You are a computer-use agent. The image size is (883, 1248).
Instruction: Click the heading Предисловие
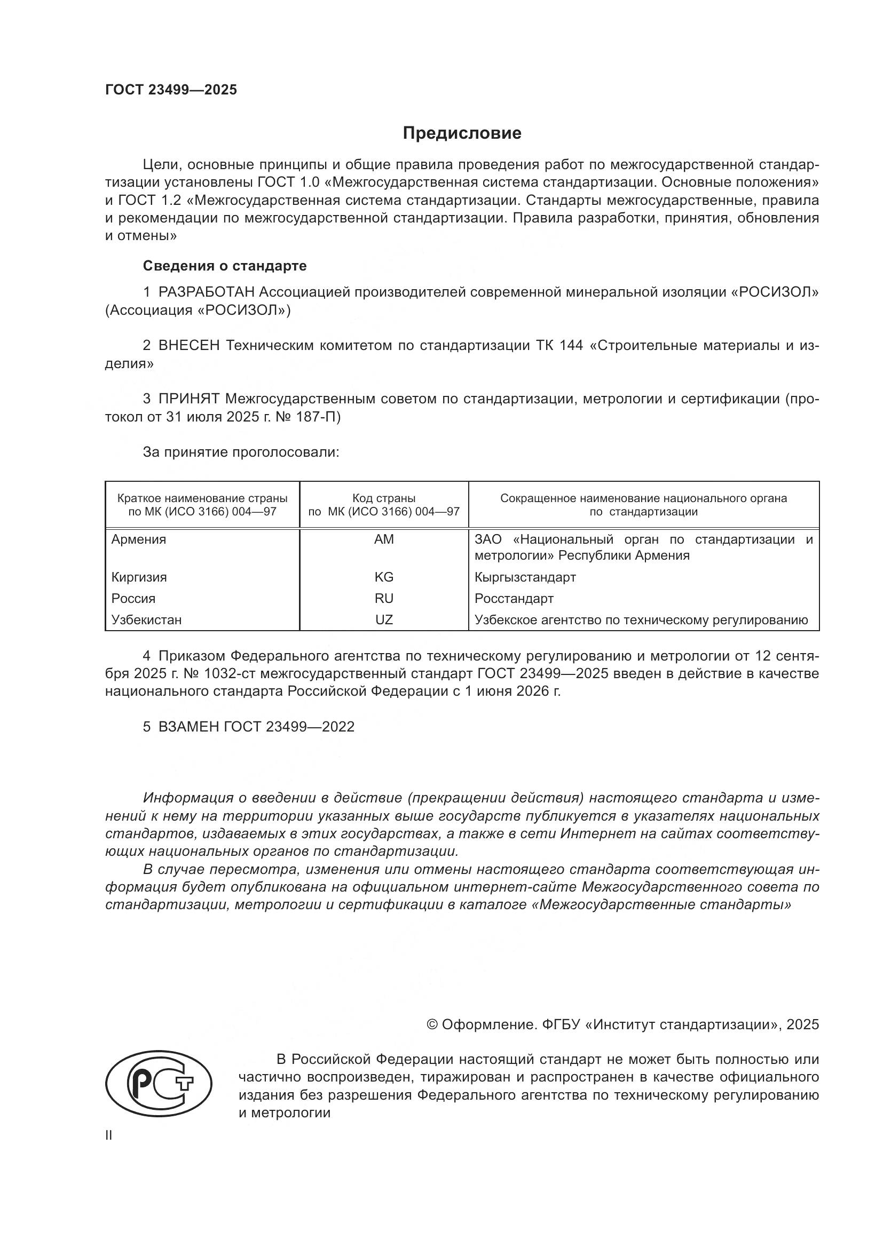coord(462,133)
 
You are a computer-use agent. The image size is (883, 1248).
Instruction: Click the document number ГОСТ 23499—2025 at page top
coord(171,90)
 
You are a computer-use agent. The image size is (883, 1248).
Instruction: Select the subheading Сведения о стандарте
coord(225,266)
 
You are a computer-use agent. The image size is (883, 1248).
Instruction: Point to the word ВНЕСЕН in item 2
coord(188,345)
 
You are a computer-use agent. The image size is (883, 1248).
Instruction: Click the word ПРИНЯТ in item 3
coord(188,399)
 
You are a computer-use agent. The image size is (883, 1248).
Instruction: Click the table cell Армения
coord(139,539)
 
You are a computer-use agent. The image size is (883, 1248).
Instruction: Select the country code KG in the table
coord(384,577)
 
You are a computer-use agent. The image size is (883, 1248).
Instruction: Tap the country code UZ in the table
coord(384,619)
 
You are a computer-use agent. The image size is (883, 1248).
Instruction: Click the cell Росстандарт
coord(514,599)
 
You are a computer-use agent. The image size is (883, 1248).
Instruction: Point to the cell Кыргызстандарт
coord(525,577)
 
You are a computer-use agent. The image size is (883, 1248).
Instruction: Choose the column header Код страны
coord(384,498)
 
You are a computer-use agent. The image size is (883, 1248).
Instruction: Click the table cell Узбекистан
coord(146,619)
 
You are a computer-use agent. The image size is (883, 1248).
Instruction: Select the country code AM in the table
coord(384,539)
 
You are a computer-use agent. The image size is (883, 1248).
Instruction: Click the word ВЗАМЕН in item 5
coord(188,727)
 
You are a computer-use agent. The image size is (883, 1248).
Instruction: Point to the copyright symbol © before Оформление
coord(432,1024)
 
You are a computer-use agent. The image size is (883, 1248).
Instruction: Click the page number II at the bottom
coord(109,1135)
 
